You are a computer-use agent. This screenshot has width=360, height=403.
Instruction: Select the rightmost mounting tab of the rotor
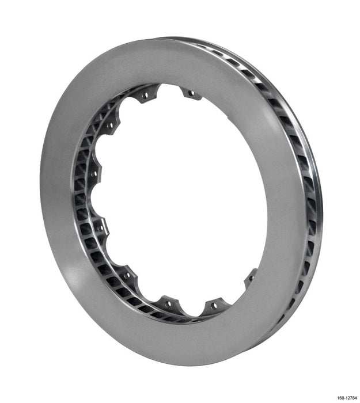(x=251, y=280)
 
